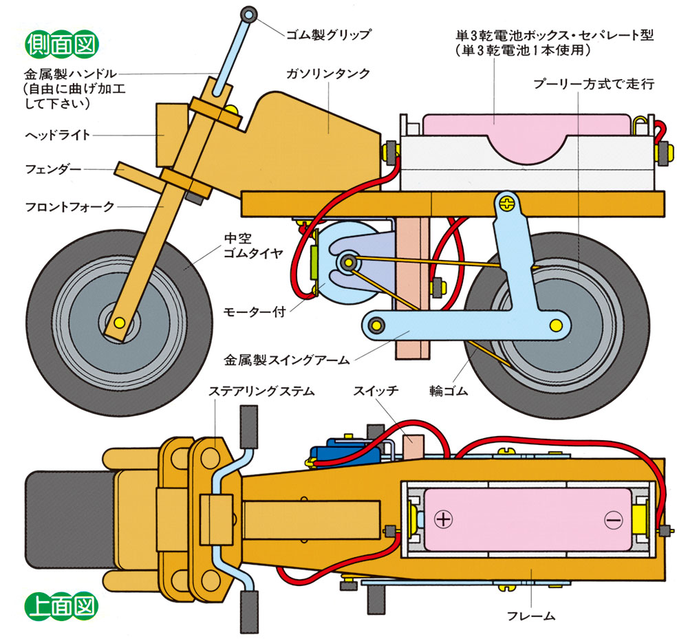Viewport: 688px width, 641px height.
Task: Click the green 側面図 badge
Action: click(61, 43)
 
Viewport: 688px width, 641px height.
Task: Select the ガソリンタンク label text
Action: click(330, 73)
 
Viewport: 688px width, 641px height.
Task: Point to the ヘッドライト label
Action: click(58, 135)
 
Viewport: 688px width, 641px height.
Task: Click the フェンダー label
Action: click(53, 169)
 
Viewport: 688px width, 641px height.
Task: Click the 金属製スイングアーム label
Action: click(287, 358)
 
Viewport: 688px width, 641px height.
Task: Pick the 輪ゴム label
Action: click(448, 391)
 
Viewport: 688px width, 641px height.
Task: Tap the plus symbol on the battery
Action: click(444, 519)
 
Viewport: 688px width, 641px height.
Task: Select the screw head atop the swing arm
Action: click(508, 204)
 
